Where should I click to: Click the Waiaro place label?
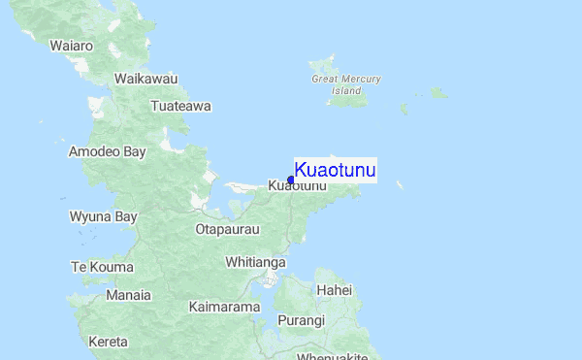point(72,46)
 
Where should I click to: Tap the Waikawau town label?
point(146,78)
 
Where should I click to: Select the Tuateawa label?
point(181,106)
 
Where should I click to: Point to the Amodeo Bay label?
point(107,151)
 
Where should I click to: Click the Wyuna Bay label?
point(103,216)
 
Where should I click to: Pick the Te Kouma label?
point(101,266)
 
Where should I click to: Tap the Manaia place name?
point(128,295)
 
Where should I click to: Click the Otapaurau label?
point(227,230)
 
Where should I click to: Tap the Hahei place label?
point(334,290)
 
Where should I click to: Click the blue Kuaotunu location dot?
point(291,179)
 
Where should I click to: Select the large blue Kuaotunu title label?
point(335,171)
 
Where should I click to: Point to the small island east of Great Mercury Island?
point(438,93)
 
